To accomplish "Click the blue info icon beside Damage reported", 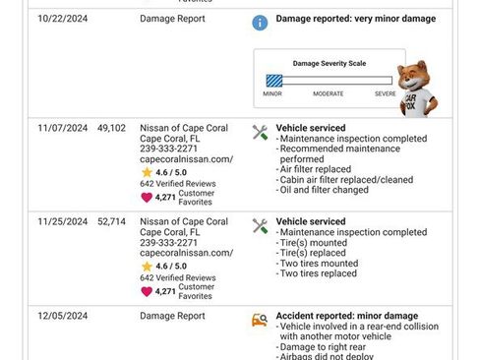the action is (x=259, y=21).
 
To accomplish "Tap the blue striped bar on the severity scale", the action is (x=273, y=82).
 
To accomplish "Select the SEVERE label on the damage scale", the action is (x=385, y=93).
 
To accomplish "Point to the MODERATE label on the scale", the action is (x=328, y=93).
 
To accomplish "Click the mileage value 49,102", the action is (x=111, y=128).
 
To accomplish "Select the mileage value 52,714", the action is (x=111, y=221).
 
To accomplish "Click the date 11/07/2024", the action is (x=63, y=128).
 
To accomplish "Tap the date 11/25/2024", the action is (x=63, y=221).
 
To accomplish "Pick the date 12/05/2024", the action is (x=63, y=316).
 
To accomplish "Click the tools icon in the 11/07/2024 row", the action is (x=260, y=132).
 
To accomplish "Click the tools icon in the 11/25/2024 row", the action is (x=260, y=225).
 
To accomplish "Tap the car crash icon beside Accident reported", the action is (x=260, y=319).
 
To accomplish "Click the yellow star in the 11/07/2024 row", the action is (x=147, y=171).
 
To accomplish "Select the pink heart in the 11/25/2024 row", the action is (x=147, y=290).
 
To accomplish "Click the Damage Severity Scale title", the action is (x=329, y=63).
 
